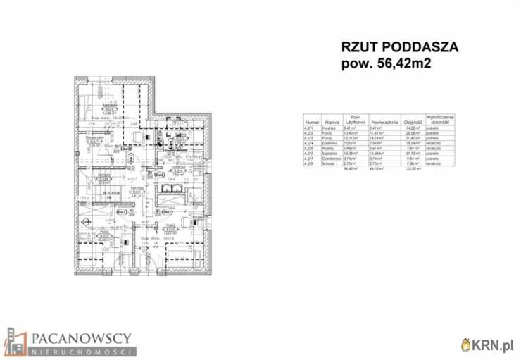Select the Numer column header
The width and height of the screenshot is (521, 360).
[312, 121]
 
